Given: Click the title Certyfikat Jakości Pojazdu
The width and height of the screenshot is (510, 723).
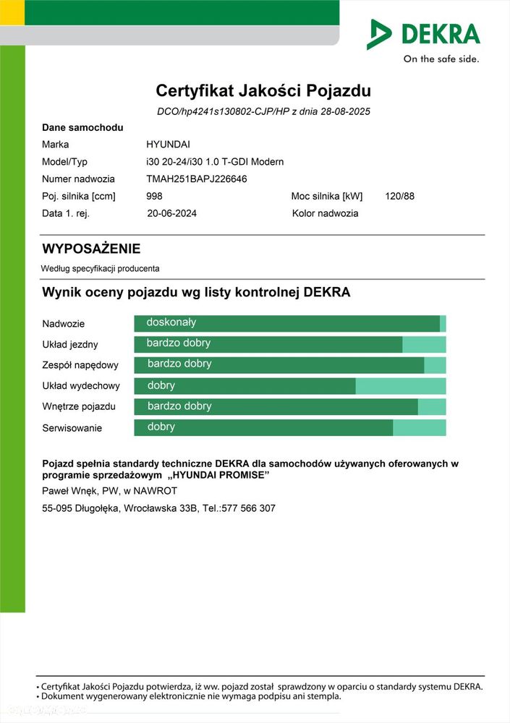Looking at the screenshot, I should [x=263, y=91].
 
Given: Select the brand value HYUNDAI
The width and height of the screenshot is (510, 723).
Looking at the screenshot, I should [x=169, y=145].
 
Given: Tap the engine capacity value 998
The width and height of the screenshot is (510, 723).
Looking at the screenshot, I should [x=154, y=197].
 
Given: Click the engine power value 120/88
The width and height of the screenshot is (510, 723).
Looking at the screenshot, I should [x=399, y=197].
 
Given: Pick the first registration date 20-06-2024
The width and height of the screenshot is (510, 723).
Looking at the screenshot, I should [x=171, y=214].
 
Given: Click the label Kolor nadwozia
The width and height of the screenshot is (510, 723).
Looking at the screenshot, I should [x=325, y=214].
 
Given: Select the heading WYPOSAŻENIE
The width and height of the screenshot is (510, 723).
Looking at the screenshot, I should [x=91, y=249].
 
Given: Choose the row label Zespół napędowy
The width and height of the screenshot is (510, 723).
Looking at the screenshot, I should [x=80, y=366].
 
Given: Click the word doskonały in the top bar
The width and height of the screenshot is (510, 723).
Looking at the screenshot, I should [x=171, y=322].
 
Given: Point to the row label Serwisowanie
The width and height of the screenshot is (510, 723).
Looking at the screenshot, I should [x=72, y=428].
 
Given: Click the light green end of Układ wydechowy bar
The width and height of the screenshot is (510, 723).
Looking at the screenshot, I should [x=401, y=386].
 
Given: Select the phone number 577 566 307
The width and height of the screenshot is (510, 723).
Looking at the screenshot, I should [x=249, y=508].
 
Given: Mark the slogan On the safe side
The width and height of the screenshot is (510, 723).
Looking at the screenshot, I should [x=441, y=59].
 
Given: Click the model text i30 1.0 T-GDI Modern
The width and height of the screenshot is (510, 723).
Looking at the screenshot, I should [x=240, y=162].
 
